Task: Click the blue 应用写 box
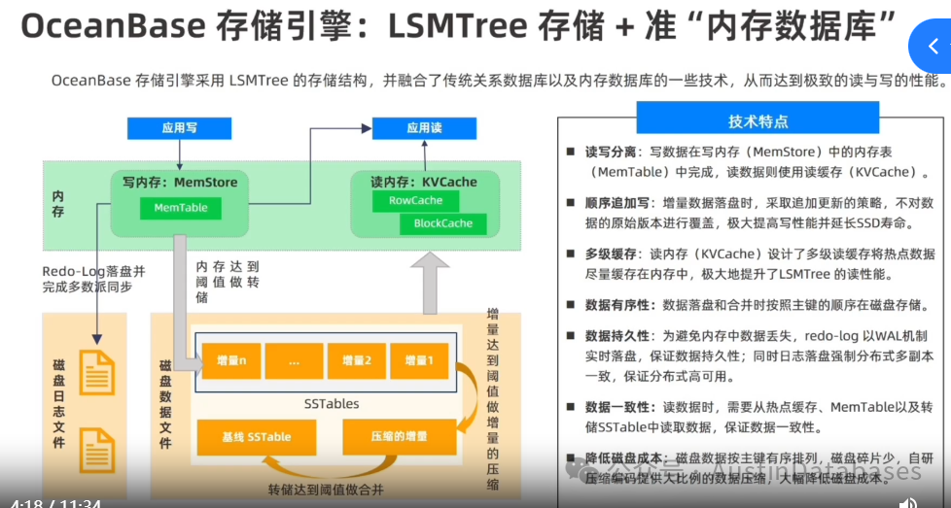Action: [x=178, y=127]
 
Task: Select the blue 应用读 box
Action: [x=424, y=127]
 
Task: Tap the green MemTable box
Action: [x=180, y=209]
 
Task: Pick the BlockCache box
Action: [x=442, y=223]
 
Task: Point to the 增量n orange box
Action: [x=230, y=360]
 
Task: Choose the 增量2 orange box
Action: [x=357, y=360]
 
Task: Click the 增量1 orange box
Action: [x=418, y=360]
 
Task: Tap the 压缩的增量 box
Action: [x=399, y=437]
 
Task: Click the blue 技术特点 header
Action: [x=757, y=121]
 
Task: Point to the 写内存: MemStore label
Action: [x=180, y=182]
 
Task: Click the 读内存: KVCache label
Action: [x=424, y=182]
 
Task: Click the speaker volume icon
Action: [x=907, y=502]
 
